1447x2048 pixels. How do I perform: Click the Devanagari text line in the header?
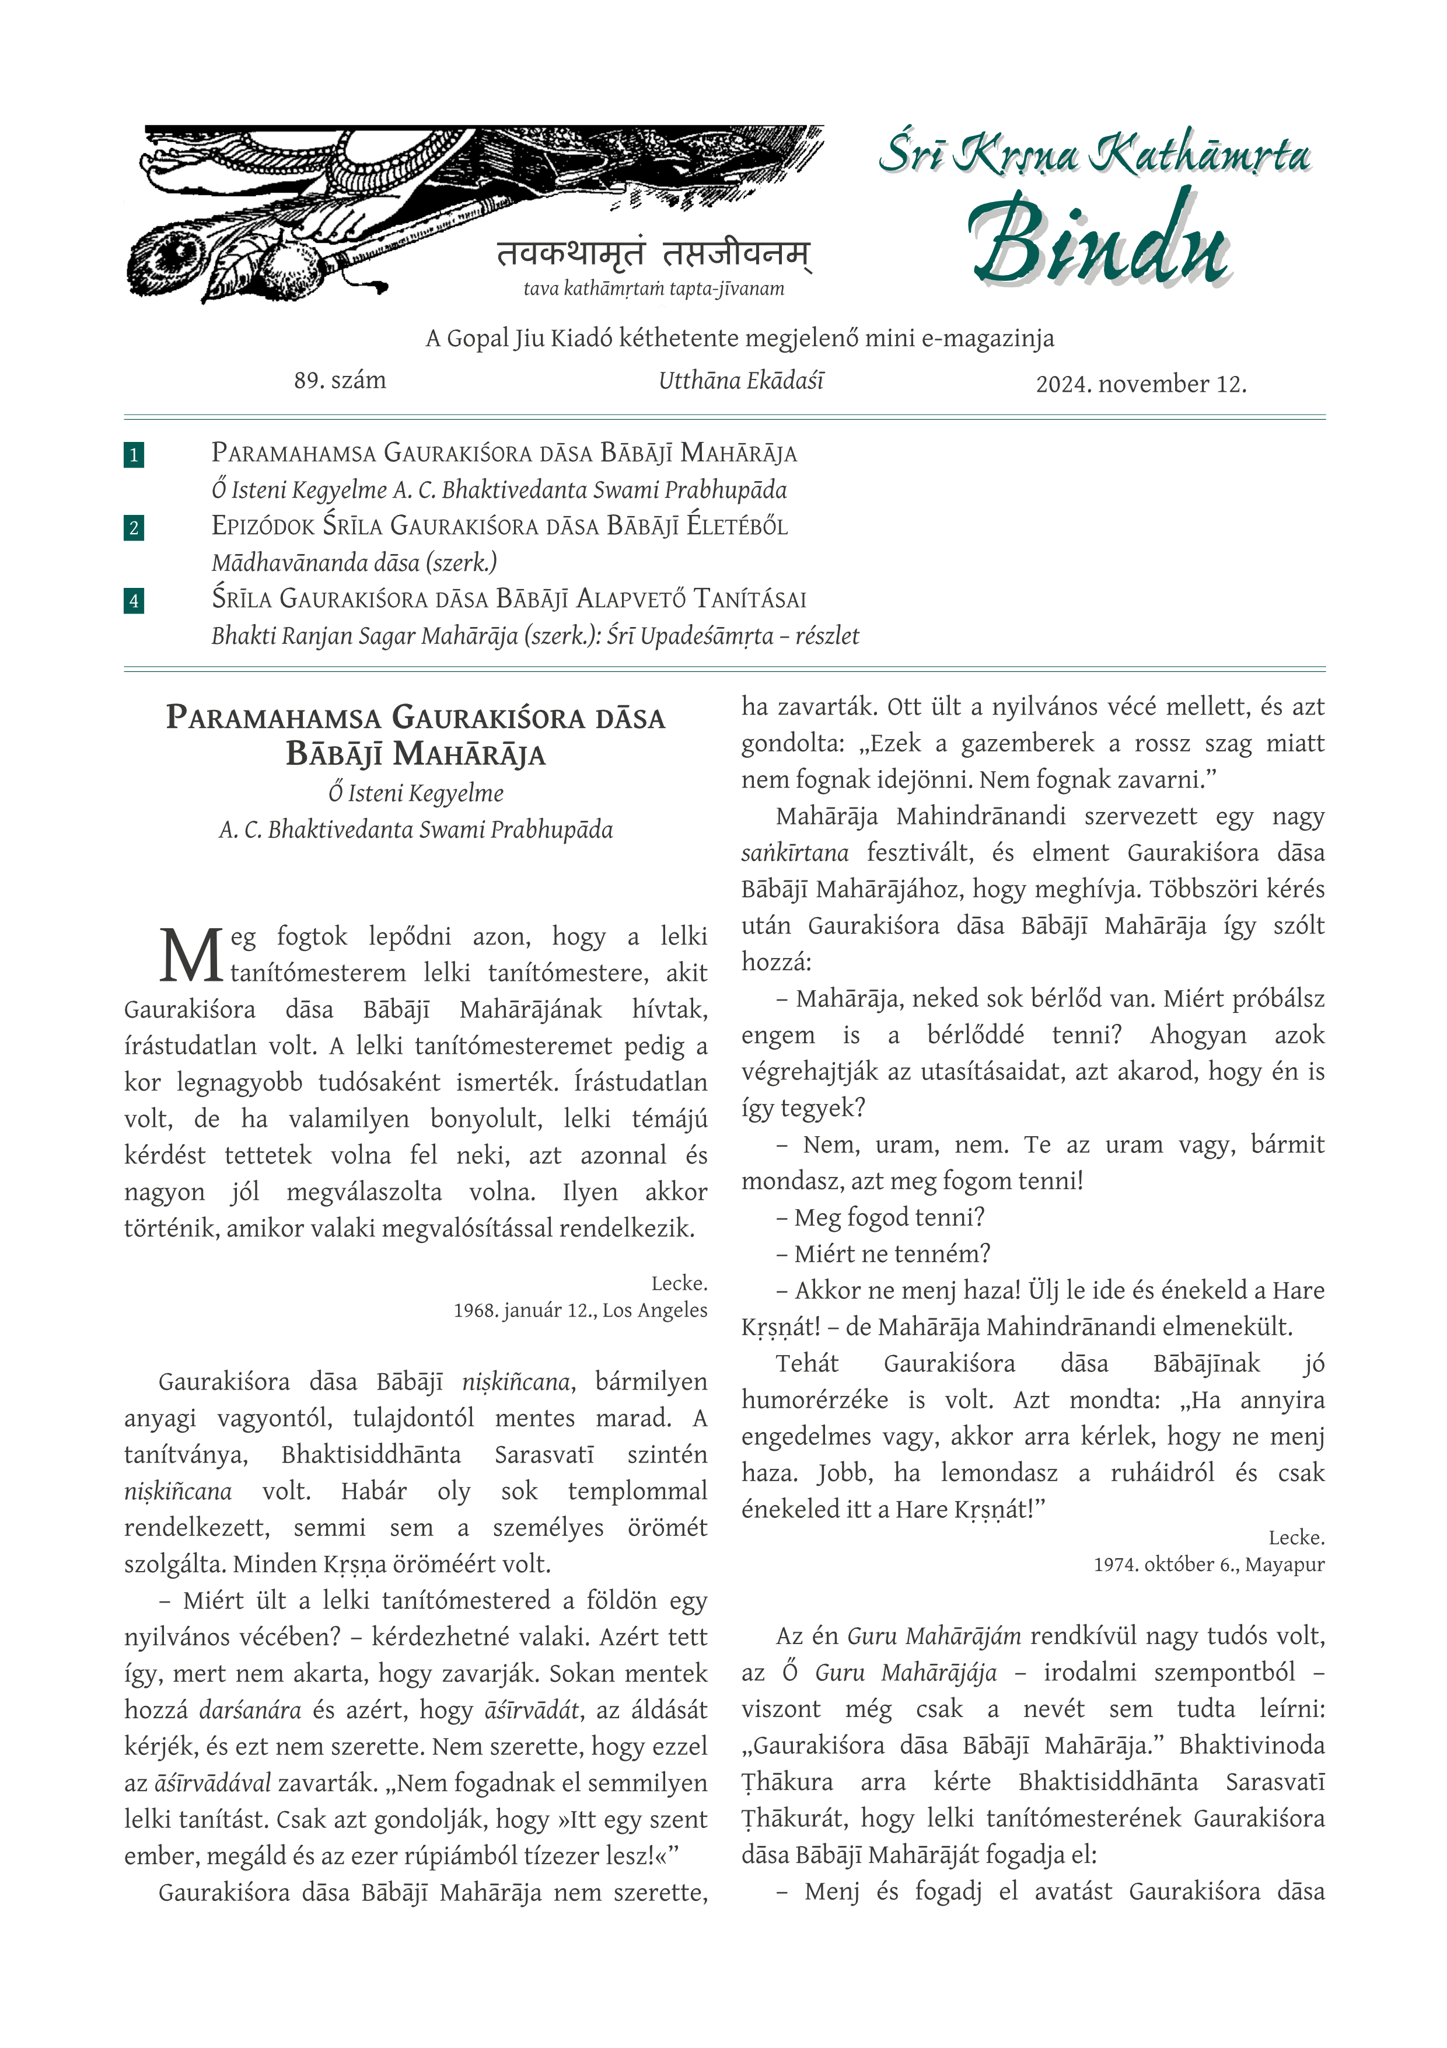coord(653,254)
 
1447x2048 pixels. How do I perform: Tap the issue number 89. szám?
coord(340,381)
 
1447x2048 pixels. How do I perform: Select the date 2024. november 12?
coord(1140,385)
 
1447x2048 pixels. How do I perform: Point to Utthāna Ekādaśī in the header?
coord(741,381)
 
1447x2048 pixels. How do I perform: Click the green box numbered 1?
coord(134,455)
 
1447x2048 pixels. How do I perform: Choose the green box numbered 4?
coord(134,600)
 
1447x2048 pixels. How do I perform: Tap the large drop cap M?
coord(190,955)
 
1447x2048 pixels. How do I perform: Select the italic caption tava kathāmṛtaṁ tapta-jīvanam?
coord(653,289)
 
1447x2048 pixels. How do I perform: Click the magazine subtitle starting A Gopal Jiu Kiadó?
coord(739,339)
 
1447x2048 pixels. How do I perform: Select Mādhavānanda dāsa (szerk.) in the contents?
coord(354,563)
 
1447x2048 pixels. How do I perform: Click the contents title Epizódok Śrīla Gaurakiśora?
coord(499,526)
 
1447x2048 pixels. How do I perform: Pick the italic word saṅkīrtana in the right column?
coord(794,853)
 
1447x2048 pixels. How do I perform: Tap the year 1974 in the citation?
coord(1116,1565)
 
